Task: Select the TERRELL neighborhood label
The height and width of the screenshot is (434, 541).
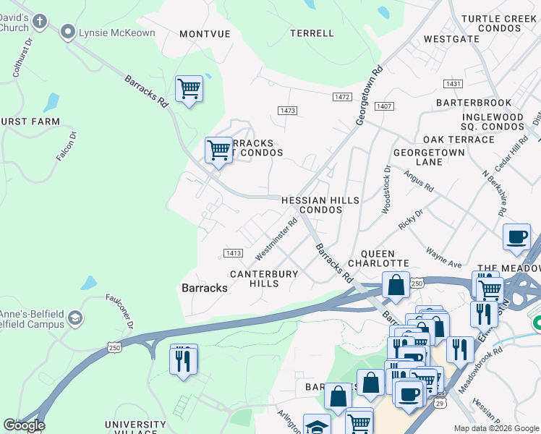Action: pos(312,33)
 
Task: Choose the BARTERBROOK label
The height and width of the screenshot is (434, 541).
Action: pos(474,103)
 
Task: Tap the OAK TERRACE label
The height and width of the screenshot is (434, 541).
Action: pos(459,139)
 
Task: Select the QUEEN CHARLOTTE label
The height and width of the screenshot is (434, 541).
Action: pos(379,258)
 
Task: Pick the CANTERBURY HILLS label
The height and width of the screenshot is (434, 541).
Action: pos(264,278)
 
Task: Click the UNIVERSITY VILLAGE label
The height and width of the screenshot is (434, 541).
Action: pos(135,428)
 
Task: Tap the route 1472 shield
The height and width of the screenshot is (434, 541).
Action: pos(342,96)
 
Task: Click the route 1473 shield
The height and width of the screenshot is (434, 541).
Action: pos(287,110)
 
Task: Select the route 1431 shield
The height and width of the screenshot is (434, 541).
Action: pos(453,85)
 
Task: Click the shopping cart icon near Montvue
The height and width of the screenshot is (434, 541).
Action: pos(189,89)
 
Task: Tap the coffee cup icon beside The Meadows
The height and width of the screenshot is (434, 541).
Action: pos(517,237)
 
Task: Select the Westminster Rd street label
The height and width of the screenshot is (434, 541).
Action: pos(276,240)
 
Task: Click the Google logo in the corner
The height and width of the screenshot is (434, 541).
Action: pos(24,425)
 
